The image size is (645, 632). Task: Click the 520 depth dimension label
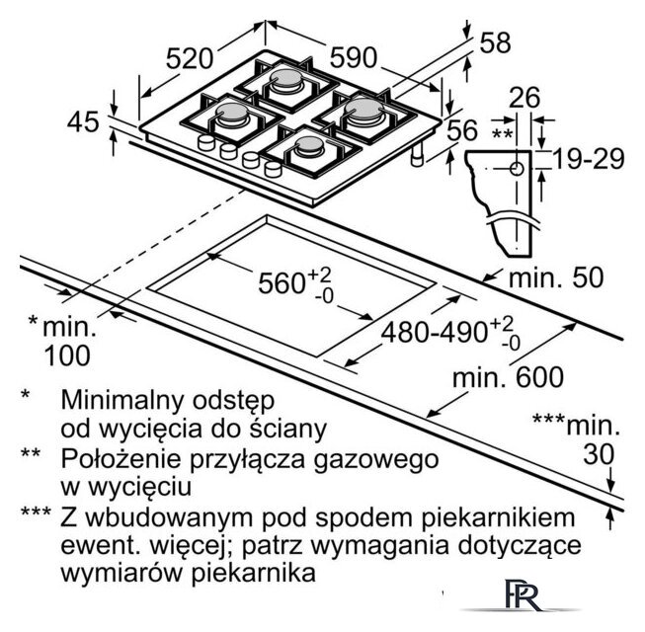[190, 58]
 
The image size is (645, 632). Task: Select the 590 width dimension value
[354, 57]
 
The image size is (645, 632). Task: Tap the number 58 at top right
[495, 41]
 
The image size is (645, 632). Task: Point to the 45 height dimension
[83, 121]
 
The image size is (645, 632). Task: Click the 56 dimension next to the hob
[462, 130]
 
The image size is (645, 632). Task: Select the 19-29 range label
[589, 159]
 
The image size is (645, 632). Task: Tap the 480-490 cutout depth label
[435, 332]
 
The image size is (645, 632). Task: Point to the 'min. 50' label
[556, 276]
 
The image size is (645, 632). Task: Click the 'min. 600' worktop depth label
[508, 376]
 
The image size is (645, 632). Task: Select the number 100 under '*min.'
[66, 355]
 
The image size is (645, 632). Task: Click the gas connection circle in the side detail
[517, 169]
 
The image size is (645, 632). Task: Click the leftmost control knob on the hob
[206, 142]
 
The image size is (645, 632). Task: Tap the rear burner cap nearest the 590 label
[285, 78]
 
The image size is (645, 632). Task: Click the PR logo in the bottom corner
[522, 594]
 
